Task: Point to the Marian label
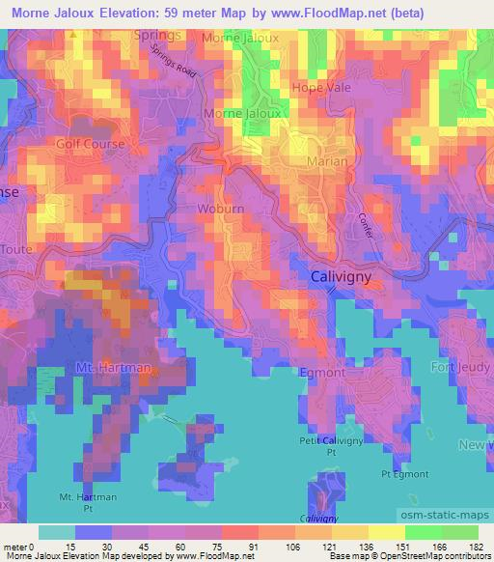(326, 161)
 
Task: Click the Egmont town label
(321, 372)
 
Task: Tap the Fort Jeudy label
(460, 366)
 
